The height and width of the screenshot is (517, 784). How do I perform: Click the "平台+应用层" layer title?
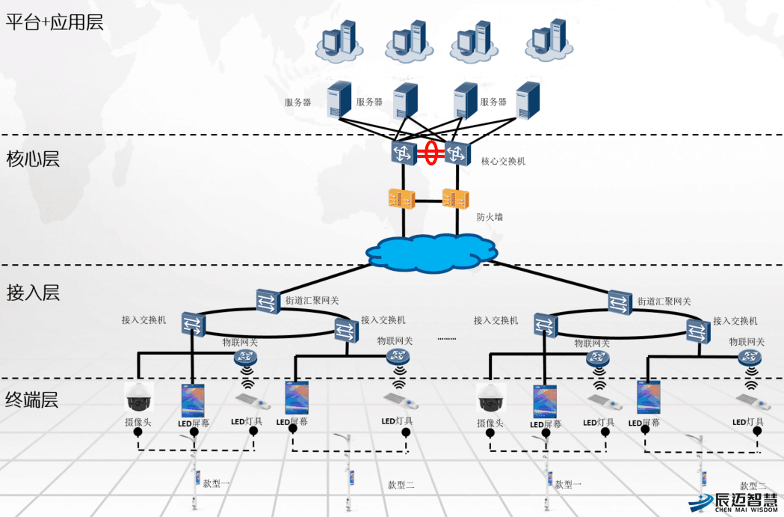55,22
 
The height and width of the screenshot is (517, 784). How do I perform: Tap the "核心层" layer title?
33,159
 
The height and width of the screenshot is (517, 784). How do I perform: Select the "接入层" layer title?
33,293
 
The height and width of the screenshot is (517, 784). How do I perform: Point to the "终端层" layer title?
32,400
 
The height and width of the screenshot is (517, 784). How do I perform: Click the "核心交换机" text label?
503,161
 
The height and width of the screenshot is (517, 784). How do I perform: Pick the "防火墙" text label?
490,217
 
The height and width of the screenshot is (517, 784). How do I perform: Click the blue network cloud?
431,253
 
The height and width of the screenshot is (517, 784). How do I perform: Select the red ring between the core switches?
431,153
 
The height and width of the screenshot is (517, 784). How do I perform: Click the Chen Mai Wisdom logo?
733,503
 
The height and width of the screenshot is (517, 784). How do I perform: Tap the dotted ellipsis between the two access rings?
446,339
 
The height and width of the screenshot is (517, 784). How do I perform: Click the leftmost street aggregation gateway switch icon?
268,302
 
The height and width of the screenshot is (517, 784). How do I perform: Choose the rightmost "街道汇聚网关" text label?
664,302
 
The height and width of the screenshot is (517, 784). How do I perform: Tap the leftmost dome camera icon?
138,397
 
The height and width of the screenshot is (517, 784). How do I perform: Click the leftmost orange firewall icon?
401,199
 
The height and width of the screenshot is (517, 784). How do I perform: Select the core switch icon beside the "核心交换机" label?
457,153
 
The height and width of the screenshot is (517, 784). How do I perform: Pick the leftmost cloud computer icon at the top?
339,42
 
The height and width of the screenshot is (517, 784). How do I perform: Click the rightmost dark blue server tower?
528,100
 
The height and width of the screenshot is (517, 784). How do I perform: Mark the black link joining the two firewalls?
428,201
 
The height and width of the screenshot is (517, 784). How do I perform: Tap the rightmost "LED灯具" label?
748,422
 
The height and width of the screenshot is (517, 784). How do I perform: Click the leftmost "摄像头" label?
138,422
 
